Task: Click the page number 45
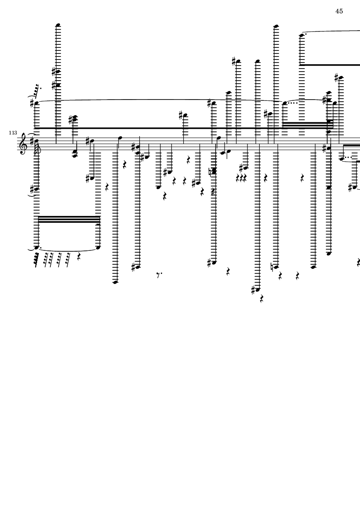(339, 11)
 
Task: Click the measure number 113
(13, 133)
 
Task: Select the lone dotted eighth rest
(159, 275)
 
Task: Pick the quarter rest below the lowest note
(262, 299)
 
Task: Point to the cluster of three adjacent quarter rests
(241, 178)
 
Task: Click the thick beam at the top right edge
(329, 65)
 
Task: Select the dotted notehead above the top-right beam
(302, 35)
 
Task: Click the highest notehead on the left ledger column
(59, 25)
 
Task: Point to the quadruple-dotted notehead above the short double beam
(285, 103)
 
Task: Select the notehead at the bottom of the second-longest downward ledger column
(116, 282)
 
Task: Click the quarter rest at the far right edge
(358, 262)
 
